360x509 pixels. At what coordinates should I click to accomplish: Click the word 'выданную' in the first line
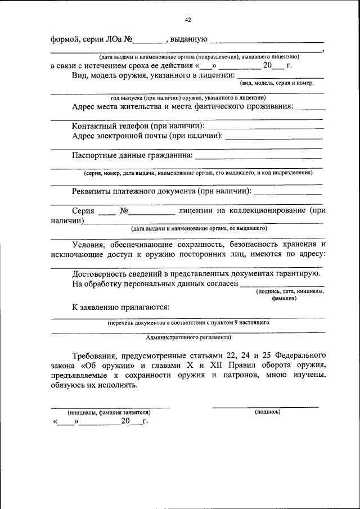point(188,40)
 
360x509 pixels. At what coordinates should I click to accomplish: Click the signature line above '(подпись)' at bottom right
point(265,406)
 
